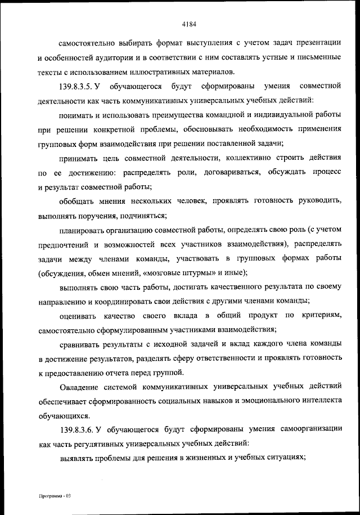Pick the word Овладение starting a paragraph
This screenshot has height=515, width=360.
(x=79, y=388)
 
